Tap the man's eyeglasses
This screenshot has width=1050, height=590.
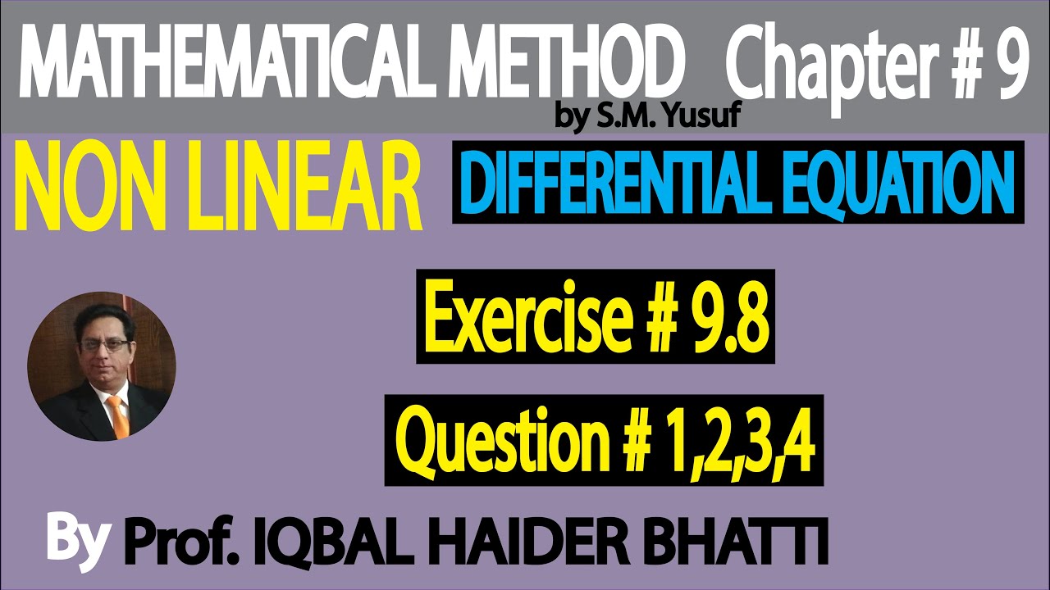point(106,345)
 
